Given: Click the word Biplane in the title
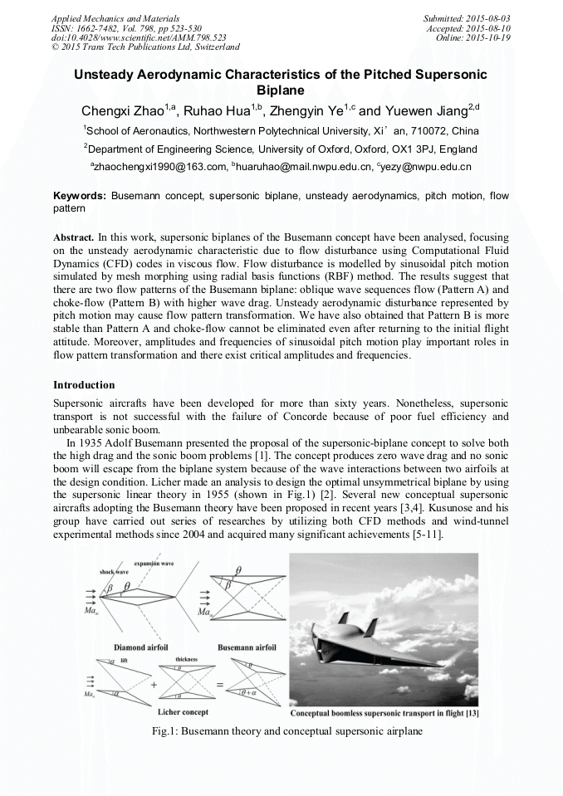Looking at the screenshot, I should (x=281, y=90).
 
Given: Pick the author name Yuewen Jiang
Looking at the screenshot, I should (x=438, y=111).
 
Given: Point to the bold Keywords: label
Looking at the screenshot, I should (x=80, y=197).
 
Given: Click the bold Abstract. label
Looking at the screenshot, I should (x=73, y=237).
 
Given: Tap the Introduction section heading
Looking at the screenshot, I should (x=84, y=385).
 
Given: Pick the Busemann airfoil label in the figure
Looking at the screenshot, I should (x=247, y=647).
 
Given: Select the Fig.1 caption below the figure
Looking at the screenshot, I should (x=281, y=731).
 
